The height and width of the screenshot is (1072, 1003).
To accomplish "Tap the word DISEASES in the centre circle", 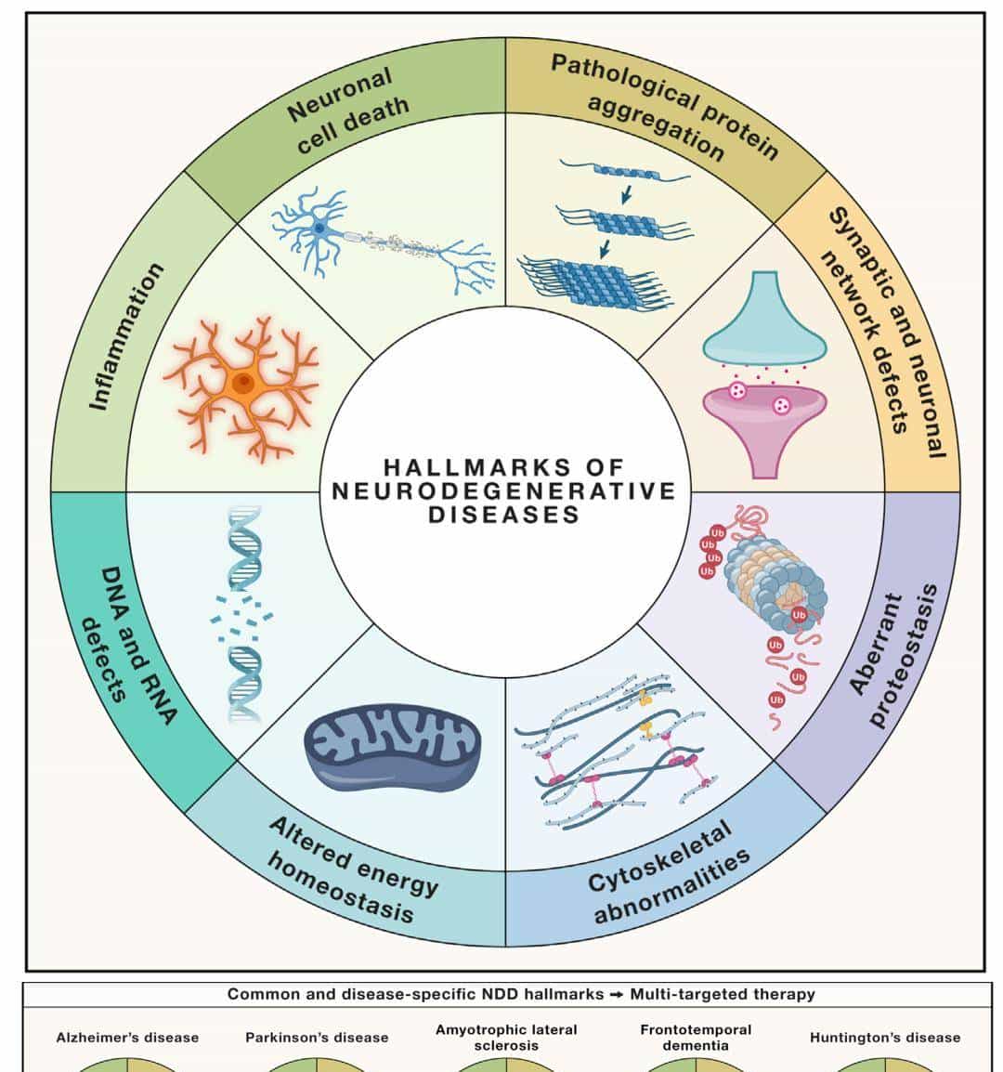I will pos(504,514).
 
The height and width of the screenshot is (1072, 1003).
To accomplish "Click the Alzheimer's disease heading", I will pos(127,1038).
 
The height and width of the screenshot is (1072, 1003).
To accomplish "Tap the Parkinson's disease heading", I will pos(317,1038).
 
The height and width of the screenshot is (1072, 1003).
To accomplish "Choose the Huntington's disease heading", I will pos(884,1038).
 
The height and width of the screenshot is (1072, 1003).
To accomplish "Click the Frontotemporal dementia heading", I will pos(696,1038).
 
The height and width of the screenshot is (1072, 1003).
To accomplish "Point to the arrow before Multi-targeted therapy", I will pos(617,995).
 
